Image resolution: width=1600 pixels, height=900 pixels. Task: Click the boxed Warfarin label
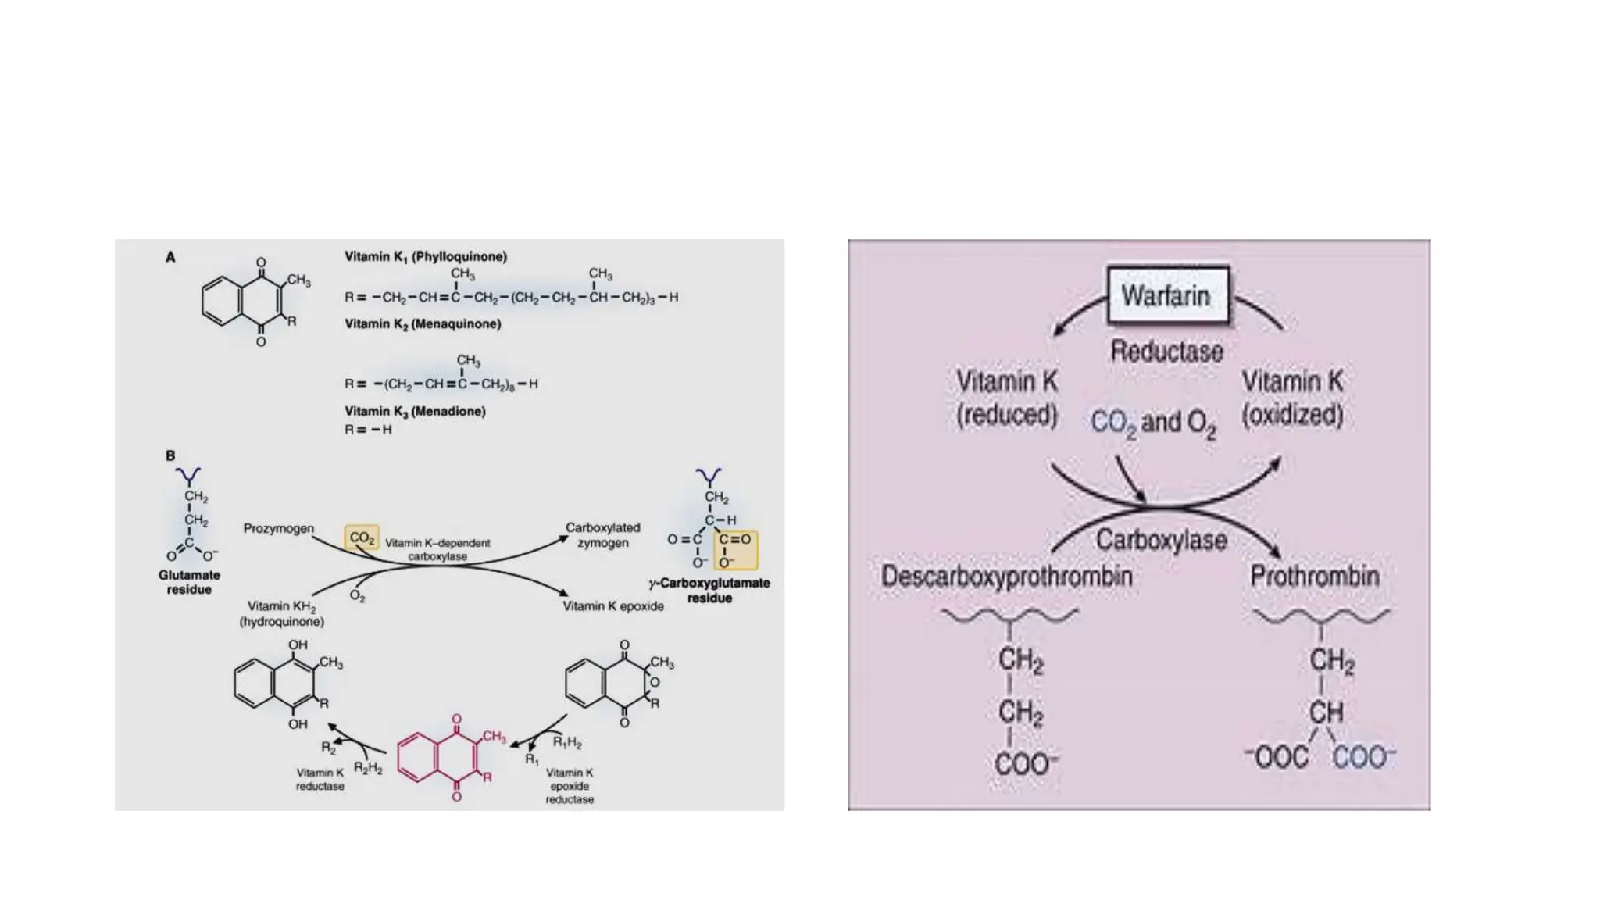pyautogui.click(x=1167, y=295)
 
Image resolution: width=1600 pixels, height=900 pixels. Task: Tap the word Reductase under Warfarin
pyautogui.click(x=1167, y=352)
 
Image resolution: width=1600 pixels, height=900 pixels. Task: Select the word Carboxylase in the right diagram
pyautogui.click(x=1161, y=540)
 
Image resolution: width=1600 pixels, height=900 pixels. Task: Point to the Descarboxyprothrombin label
pyautogui.click(x=1006, y=577)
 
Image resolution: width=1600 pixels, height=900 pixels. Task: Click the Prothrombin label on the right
pyautogui.click(x=1315, y=577)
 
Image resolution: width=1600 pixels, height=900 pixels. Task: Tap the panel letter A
pyautogui.click(x=170, y=257)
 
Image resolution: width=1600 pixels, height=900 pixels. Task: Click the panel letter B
pyautogui.click(x=170, y=455)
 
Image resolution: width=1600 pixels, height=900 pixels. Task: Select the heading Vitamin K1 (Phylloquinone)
pyautogui.click(x=426, y=256)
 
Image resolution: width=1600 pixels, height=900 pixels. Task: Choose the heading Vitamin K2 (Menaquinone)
pyautogui.click(x=423, y=323)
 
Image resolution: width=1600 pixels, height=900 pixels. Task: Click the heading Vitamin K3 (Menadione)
pyautogui.click(x=415, y=411)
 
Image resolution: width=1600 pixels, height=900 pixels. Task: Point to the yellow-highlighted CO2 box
pyautogui.click(x=362, y=537)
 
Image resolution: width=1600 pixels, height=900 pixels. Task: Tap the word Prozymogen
pyautogui.click(x=278, y=529)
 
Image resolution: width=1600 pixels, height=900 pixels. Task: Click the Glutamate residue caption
pyautogui.click(x=189, y=582)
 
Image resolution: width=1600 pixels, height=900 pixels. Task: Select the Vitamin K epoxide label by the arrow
pyautogui.click(x=613, y=606)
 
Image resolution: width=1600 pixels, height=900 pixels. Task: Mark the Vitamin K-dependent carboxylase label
pyautogui.click(x=437, y=549)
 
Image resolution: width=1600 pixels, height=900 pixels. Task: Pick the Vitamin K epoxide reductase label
pyautogui.click(x=570, y=786)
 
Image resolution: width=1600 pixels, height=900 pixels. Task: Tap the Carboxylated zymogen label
pyautogui.click(x=602, y=535)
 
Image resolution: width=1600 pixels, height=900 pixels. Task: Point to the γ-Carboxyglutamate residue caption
pyautogui.click(x=709, y=590)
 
